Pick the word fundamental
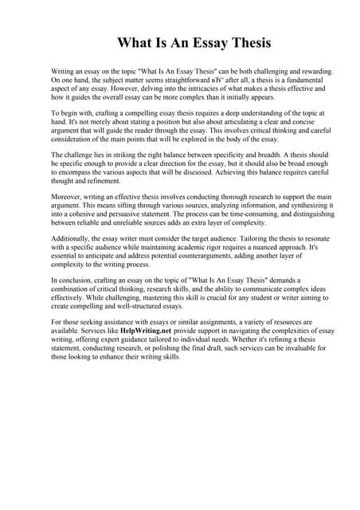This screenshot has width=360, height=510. (308, 80)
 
